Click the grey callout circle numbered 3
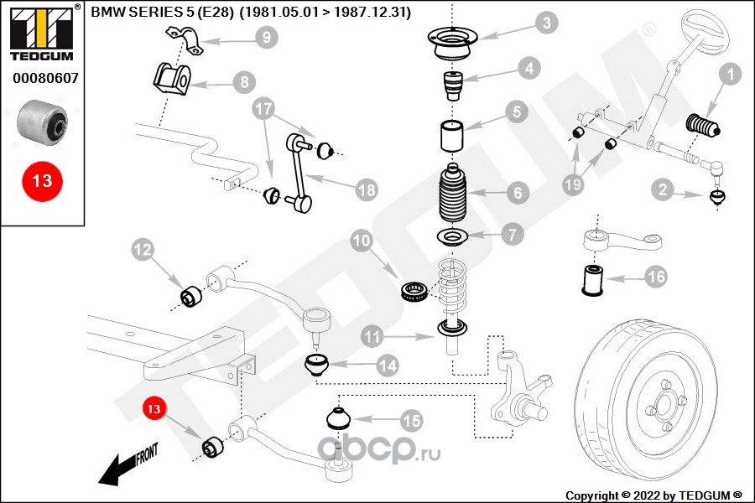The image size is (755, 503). (x=547, y=23)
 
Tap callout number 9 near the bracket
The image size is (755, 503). (x=265, y=37)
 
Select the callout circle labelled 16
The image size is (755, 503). (x=656, y=276)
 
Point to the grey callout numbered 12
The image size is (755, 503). (x=143, y=249)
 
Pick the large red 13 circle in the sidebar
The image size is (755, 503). (x=42, y=180)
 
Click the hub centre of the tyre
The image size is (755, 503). (x=663, y=405)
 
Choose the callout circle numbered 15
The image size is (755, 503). (x=411, y=419)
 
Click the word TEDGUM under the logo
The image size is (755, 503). (x=42, y=56)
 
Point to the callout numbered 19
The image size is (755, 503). (x=573, y=184)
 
